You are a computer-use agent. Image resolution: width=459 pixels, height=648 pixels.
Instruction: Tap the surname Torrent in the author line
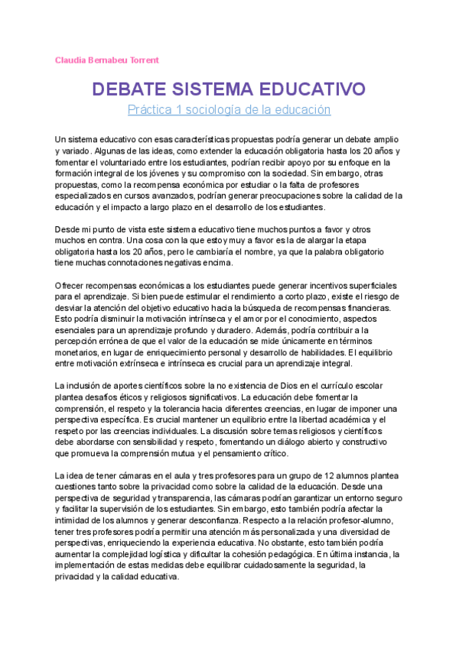pos(142,60)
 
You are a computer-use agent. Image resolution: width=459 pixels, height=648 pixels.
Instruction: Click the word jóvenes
pos(178,173)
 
